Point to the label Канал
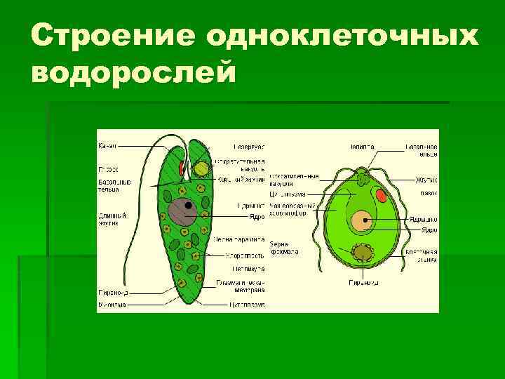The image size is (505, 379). coord(108,146)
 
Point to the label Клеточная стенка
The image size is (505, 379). coord(424,255)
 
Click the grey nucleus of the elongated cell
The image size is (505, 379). coord(187,211)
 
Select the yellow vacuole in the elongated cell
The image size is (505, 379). coord(202,169)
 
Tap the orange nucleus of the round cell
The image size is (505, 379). coord(362,222)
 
